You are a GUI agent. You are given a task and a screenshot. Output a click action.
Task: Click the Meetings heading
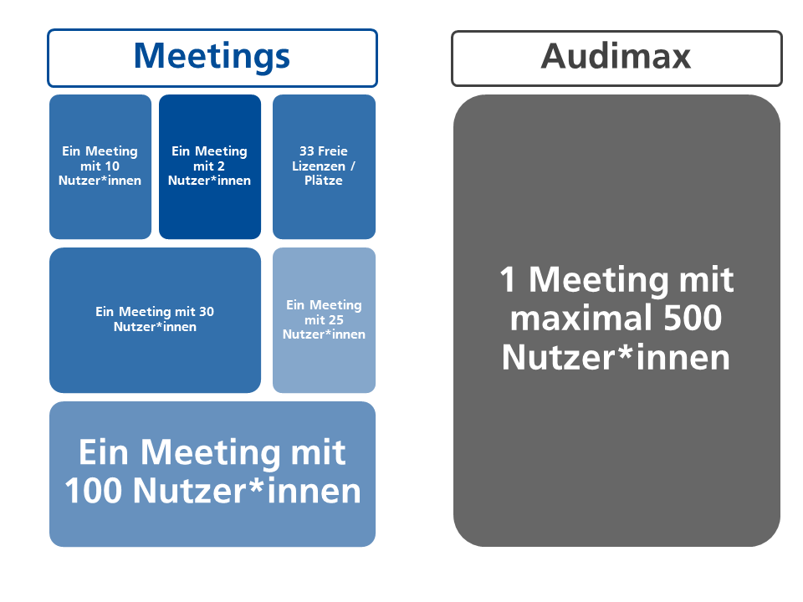[x=212, y=57]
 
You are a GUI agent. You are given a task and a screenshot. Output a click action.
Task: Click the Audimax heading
[x=616, y=56]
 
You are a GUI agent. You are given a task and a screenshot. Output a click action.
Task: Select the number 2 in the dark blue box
[x=221, y=166]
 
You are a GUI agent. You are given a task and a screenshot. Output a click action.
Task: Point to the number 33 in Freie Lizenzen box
[x=307, y=151]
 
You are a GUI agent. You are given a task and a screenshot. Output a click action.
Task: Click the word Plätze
[x=324, y=181]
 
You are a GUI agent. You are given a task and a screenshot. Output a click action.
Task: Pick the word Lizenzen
[x=319, y=166]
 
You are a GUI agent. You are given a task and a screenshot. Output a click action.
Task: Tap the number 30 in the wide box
[x=207, y=311]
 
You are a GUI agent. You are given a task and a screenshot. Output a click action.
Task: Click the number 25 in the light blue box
[x=335, y=320]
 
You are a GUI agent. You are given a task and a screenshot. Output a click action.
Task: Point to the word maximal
[x=581, y=318]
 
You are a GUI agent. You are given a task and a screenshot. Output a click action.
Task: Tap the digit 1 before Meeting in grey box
[x=508, y=279]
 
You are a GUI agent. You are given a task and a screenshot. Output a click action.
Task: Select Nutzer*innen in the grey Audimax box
[x=616, y=357]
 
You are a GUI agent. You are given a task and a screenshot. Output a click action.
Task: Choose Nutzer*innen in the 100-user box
[x=247, y=491]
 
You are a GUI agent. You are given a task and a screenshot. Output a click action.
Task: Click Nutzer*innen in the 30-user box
[x=156, y=327]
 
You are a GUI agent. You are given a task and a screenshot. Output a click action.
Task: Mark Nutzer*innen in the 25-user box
[x=325, y=334]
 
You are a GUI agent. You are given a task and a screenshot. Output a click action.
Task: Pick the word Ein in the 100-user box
[x=104, y=452]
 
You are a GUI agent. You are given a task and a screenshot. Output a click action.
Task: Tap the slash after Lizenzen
[x=353, y=166]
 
